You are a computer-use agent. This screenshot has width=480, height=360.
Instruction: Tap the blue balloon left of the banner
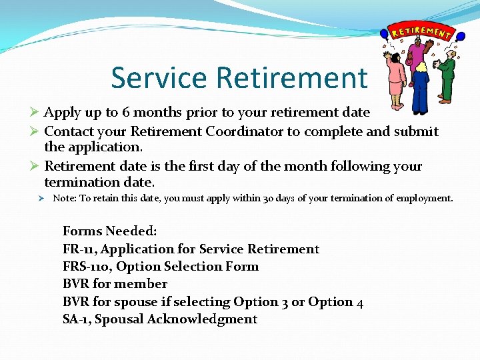click(x=384, y=33)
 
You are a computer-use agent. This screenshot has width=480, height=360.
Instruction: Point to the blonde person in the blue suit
click(x=420, y=90)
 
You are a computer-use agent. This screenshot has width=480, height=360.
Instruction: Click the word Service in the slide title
click(x=160, y=77)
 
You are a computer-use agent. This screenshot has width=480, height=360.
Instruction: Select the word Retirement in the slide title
click(x=291, y=77)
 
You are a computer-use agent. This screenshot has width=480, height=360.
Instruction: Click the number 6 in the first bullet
click(x=125, y=113)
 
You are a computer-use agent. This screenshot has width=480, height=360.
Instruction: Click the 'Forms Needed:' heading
click(x=110, y=231)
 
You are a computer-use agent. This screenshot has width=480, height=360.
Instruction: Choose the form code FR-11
click(x=79, y=249)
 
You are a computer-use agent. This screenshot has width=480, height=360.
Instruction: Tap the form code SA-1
click(x=76, y=319)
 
